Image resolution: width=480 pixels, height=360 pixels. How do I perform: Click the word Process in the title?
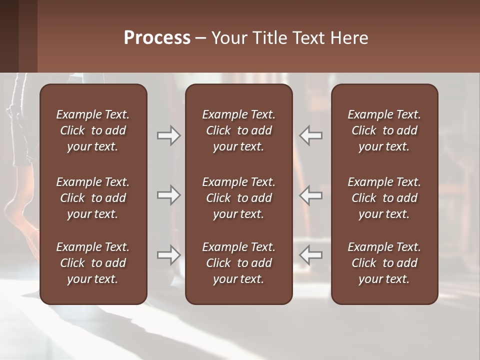157,38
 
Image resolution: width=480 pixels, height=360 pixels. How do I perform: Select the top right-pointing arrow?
168,135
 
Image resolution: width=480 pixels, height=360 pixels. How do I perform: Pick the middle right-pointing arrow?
168,195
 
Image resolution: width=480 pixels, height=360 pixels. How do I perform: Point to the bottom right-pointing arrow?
168,255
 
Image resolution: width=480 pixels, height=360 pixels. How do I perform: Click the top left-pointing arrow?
310,135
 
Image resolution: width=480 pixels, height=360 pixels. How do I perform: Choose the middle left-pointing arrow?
310,195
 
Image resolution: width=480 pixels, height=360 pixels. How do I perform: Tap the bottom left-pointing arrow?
310,255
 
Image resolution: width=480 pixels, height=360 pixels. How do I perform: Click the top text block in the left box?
93,130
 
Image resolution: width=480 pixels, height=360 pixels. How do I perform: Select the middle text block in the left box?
93,198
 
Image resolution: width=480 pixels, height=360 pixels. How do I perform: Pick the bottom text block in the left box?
93,263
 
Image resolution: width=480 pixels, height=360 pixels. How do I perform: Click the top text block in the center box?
238,130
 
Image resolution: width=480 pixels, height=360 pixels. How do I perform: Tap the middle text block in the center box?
238,198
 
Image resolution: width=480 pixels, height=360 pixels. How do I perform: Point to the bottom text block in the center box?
238,263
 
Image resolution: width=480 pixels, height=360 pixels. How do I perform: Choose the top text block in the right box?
384,130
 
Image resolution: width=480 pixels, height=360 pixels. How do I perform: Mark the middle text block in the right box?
384,198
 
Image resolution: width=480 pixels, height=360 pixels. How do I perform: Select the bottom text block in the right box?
384,263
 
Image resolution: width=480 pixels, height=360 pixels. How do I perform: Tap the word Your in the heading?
229,38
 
